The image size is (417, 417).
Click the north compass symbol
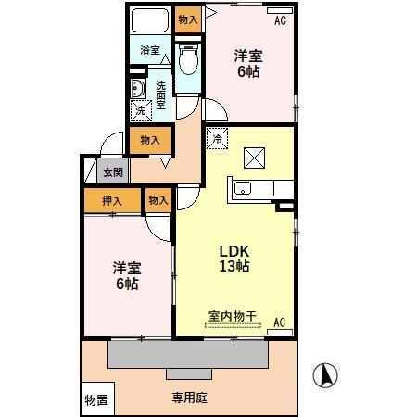coord(324,375)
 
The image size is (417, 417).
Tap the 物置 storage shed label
coord(95,399)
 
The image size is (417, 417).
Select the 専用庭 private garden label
coord(189,399)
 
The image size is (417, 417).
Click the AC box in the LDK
coord(279,323)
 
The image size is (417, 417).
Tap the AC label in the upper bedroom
coord(279,19)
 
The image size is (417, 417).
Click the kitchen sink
coord(244,189)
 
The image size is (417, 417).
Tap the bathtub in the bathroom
coord(148,21)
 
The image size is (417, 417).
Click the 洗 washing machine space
coord(140,110)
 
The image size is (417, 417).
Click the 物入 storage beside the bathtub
coord(186,18)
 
